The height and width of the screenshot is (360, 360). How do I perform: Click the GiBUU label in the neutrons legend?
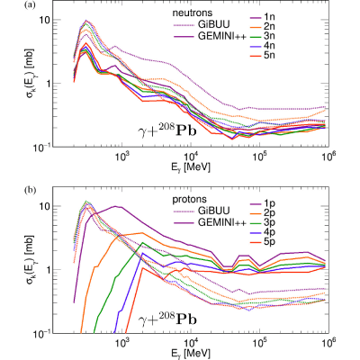click(x=213, y=24)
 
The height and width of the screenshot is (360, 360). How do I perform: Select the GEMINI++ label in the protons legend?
click(x=222, y=222)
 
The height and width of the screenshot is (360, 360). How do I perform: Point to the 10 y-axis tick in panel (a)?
click(x=44, y=20)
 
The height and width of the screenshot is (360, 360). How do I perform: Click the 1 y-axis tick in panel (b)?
click(x=47, y=269)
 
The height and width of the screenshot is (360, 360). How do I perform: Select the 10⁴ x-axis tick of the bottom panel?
click(x=191, y=341)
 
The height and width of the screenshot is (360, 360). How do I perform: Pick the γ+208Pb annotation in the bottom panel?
click(x=167, y=319)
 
